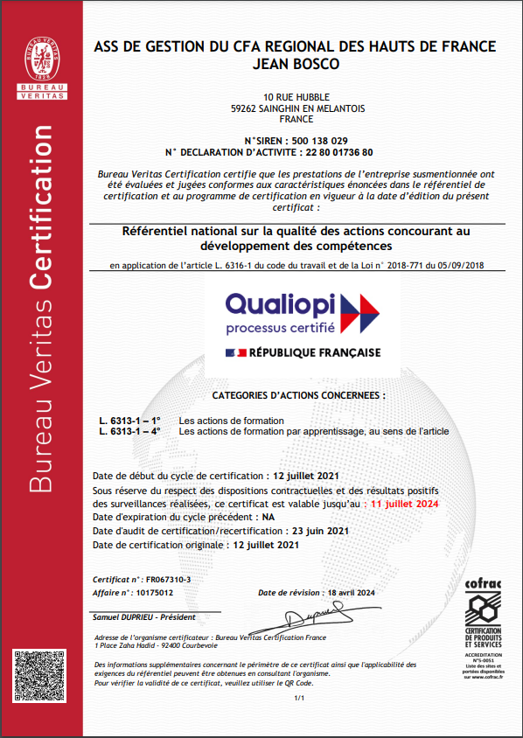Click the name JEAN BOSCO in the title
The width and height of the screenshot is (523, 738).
(295, 64)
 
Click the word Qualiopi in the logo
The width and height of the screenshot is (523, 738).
(280, 304)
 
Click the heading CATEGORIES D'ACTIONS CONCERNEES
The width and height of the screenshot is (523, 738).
(298, 394)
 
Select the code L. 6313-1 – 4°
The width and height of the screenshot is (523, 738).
(129, 431)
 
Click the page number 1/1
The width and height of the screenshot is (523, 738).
(298, 698)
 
